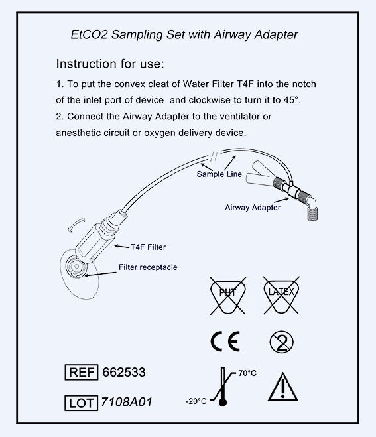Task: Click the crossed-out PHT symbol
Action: click(227, 295)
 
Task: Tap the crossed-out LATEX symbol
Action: click(281, 295)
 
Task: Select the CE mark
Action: click(225, 342)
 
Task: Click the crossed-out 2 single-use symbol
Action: click(282, 342)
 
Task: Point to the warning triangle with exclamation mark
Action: click(282, 387)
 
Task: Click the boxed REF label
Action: click(82, 372)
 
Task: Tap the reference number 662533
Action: click(124, 372)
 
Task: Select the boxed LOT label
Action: click(81, 403)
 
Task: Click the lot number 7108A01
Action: click(127, 402)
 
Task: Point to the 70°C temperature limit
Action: click(247, 373)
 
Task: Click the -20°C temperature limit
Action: click(196, 401)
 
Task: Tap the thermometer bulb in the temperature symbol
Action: click(223, 403)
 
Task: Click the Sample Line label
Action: click(219, 174)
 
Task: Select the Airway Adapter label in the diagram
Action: click(253, 208)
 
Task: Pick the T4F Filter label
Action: click(149, 247)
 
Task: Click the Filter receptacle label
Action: click(148, 267)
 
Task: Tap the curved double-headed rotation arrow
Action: click(76, 224)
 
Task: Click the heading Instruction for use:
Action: click(110, 64)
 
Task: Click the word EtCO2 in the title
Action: click(89, 35)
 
